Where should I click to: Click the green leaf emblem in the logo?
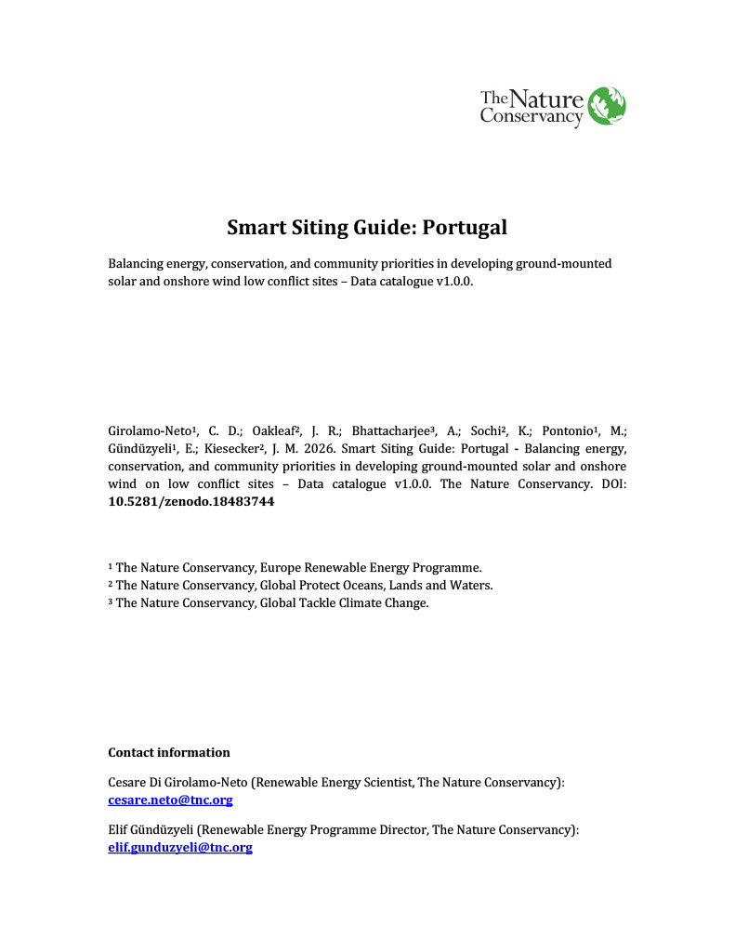[x=608, y=105]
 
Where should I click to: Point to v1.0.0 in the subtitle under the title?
[x=454, y=281]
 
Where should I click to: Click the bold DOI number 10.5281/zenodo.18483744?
[x=191, y=501]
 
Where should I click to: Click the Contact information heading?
[x=169, y=752]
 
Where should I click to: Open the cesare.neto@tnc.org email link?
[x=170, y=800]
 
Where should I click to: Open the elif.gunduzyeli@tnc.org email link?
[x=180, y=847]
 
